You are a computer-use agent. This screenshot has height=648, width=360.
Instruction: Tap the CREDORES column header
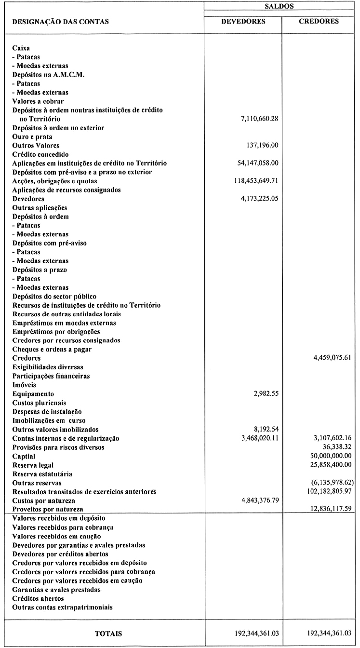320,21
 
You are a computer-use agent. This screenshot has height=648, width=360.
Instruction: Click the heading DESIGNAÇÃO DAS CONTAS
60,21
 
